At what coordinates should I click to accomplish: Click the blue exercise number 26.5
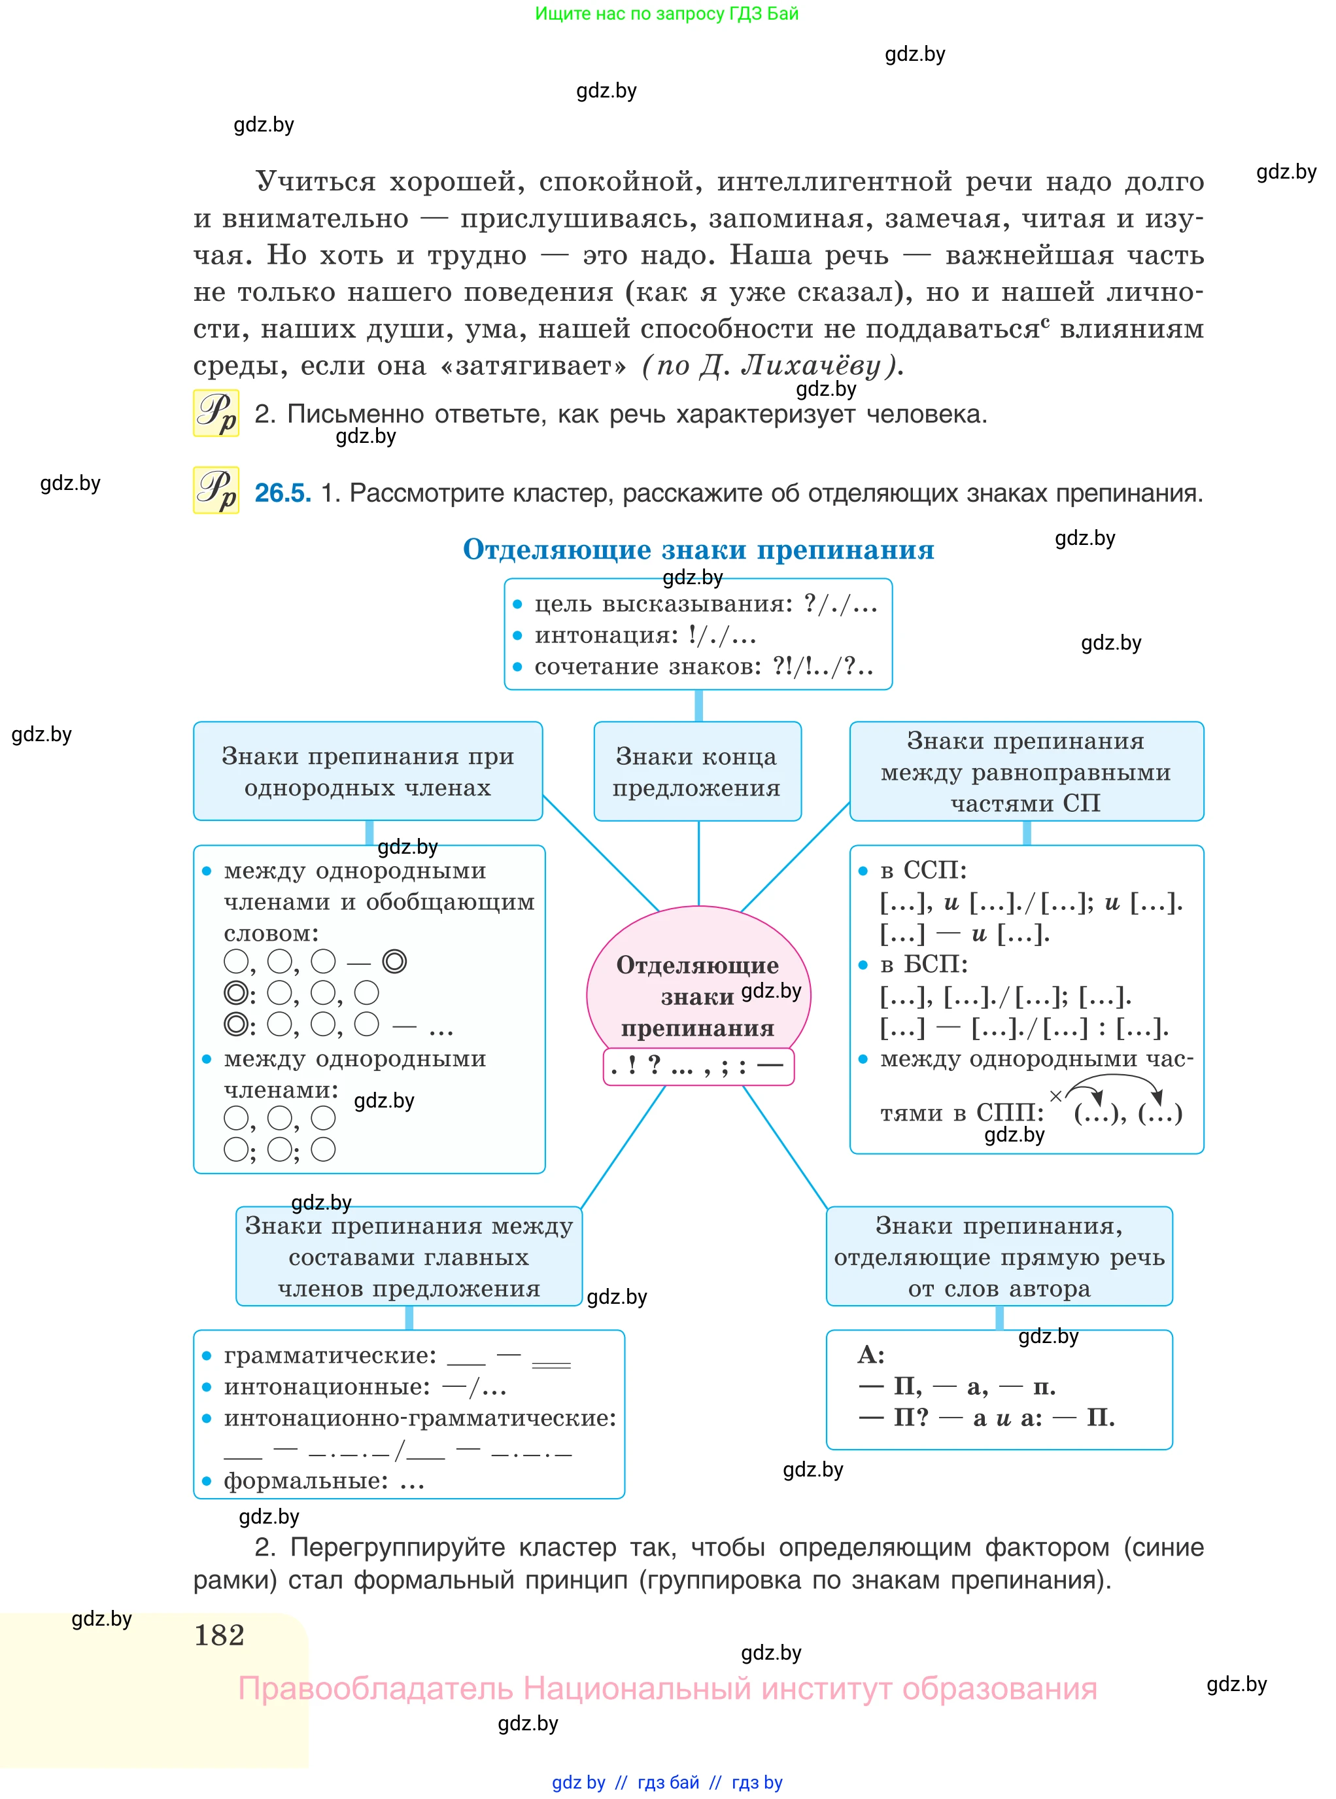(x=283, y=493)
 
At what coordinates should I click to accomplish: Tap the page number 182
(x=219, y=1635)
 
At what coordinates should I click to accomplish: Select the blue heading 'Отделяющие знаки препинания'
(x=698, y=550)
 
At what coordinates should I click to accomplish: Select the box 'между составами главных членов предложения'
(x=409, y=1256)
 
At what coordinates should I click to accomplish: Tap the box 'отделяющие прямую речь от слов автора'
(x=999, y=1256)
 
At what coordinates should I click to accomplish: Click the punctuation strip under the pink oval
(x=698, y=1066)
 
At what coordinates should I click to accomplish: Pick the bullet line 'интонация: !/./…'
(x=645, y=635)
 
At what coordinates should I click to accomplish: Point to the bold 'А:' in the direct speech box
(x=871, y=1355)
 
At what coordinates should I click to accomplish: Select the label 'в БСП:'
(x=923, y=964)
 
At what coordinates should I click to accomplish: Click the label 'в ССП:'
(x=923, y=870)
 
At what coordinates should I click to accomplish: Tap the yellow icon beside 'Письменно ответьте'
(x=216, y=413)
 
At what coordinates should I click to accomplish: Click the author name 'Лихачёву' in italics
(x=810, y=366)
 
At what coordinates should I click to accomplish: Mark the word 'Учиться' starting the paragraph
(x=315, y=182)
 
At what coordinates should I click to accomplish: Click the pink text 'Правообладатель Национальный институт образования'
(x=667, y=1688)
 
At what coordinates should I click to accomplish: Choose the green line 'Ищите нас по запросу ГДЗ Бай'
(x=666, y=14)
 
